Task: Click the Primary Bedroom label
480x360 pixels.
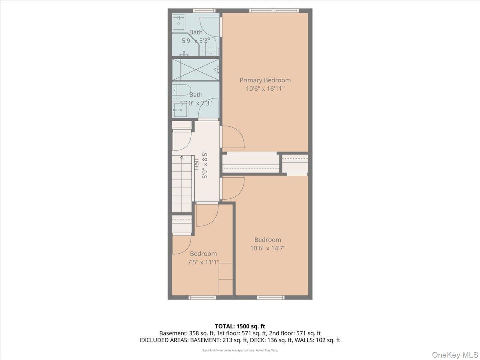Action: (x=265, y=80)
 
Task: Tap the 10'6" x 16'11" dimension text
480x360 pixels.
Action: (x=265, y=88)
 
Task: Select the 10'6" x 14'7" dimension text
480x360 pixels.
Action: (x=268, y=248)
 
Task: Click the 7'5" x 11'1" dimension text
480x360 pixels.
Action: (x=203, y=262)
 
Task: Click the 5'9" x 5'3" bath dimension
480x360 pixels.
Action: (x=196, y=40)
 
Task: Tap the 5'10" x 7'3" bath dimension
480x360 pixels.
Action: (x=196, y=103)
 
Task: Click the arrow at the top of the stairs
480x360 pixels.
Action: (x=182, y=158)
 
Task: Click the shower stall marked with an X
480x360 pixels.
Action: (x=196, y=70)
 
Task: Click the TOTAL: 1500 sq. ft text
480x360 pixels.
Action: (x=240, y=326)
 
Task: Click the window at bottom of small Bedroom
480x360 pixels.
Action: (x=202, y=297)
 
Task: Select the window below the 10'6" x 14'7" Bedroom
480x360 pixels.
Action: (x=270, y=297)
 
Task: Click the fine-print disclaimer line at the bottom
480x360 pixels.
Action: (x=240, y=350)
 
